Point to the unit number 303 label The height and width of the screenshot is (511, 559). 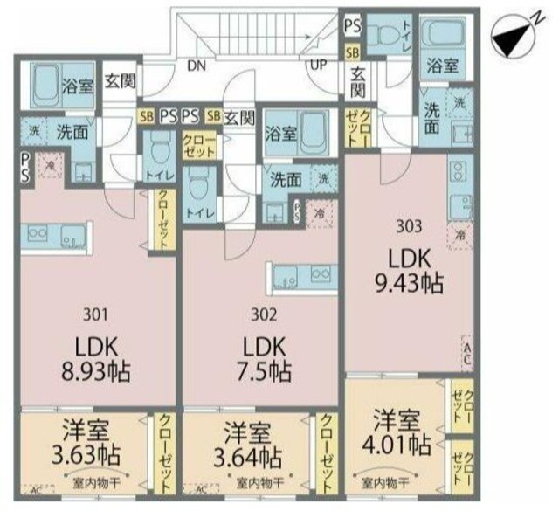[x=408, y=224]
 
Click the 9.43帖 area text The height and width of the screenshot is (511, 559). [x=409, y=284]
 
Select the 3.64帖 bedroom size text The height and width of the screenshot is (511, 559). [x=250, y=456]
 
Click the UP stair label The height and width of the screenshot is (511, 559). [x=315, y=64]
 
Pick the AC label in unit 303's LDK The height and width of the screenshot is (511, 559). [x=467, y=353]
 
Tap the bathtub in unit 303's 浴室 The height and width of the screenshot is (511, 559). [x=439, y=35]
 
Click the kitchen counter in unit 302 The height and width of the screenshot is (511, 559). [x=302, y=277]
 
